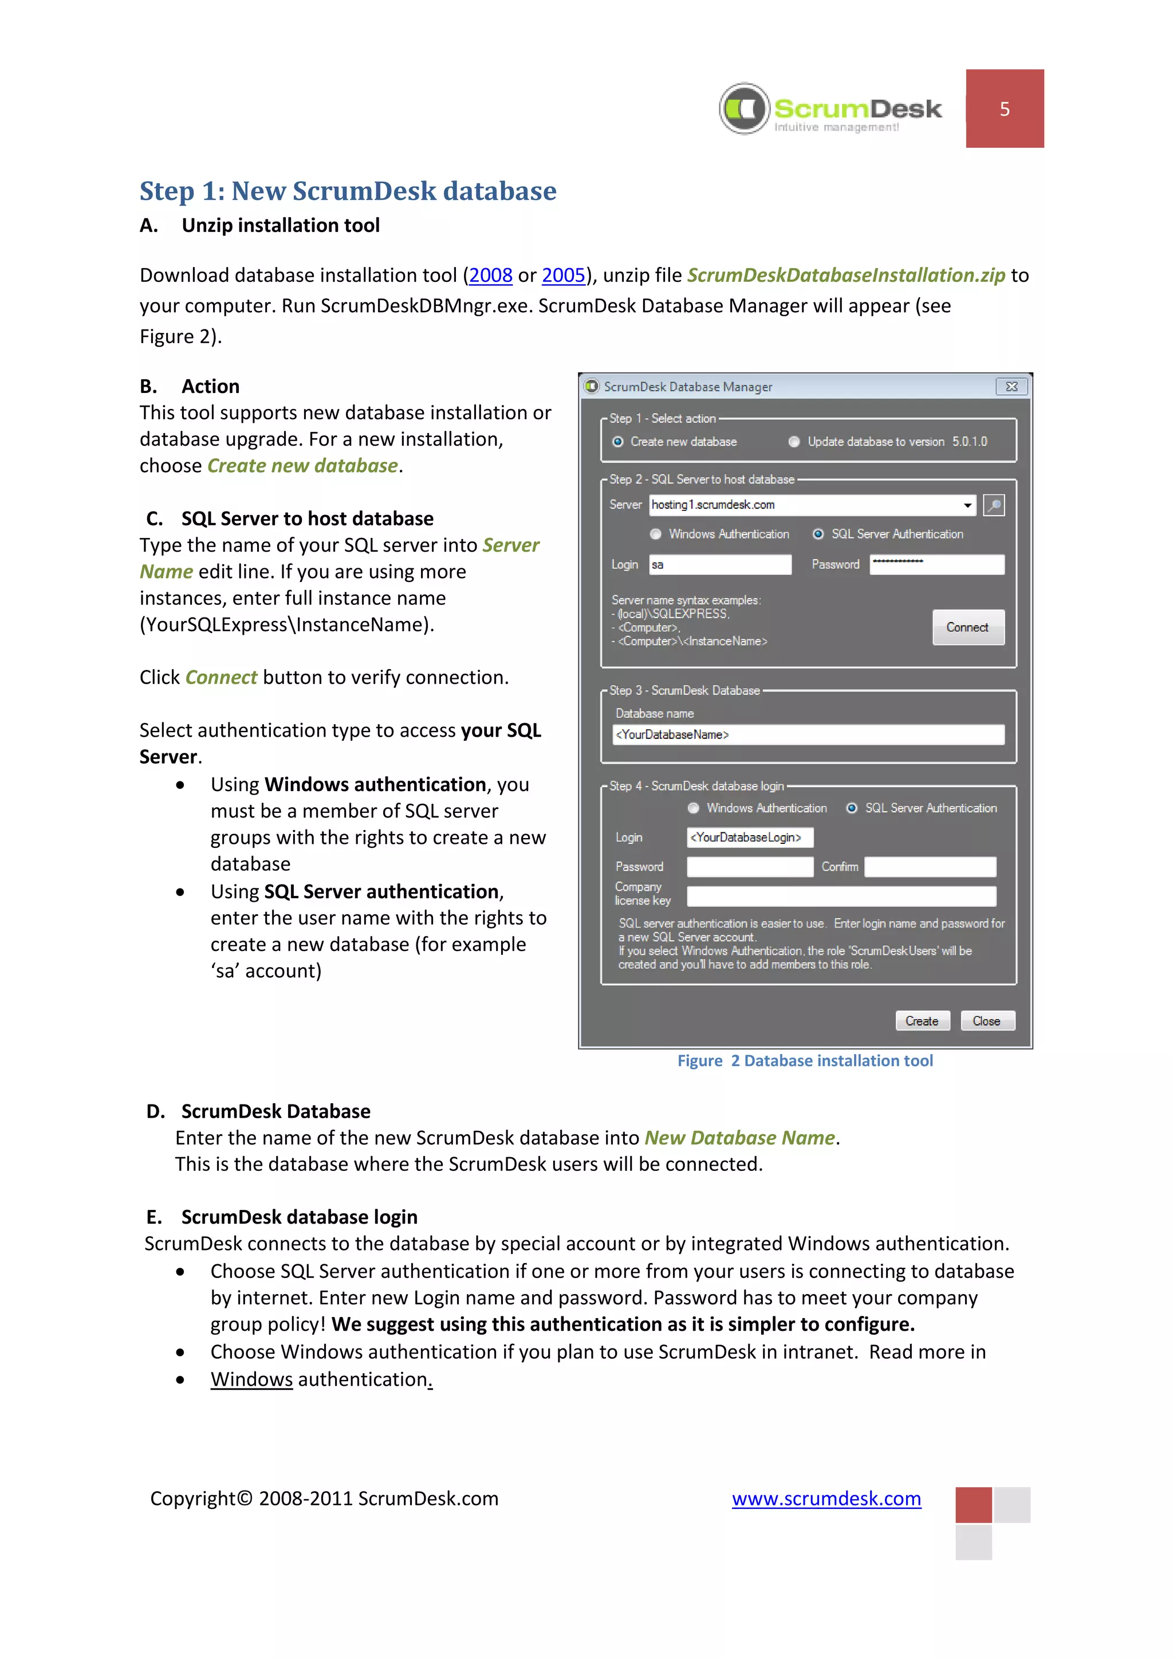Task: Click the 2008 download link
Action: pyautogui.click(x=490, y=276)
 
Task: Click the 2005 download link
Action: pyautogui.click(x=564, y=276)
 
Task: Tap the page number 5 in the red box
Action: pyautogui.click(x=1004, y=109)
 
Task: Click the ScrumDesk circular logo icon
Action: pyautogui.click(x=745, y=108)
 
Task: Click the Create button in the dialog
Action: pyautogui.click(x=922, y=1021)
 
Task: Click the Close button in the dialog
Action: pyautogui.click(x=987, y=1021)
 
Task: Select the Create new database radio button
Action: pyautogui.click(x=618, y=442)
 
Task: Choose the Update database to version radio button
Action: pyautogui.click(x=794, y=442)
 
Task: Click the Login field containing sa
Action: pyautogui.click(x=719, y=565)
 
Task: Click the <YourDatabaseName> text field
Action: pyautogui.click(x=808, y=735)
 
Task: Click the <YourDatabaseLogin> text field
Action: pyautogui.click(x=749, y=838)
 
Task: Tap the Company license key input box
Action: pyautogui.click(x=841, y=897)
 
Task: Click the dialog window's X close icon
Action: pyautogui.click(x=1011, y=387)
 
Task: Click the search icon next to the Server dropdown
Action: pyautogui.click(x=994, y=505)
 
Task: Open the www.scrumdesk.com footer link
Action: pyautogui.click(x=826, y=1499)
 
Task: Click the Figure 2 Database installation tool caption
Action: pyautogui.click(x=805, y=1061)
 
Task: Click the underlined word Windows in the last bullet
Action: pyautogui.click(x=251, y=1379)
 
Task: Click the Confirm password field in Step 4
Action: pyautogui.click(x=930, y=867)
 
